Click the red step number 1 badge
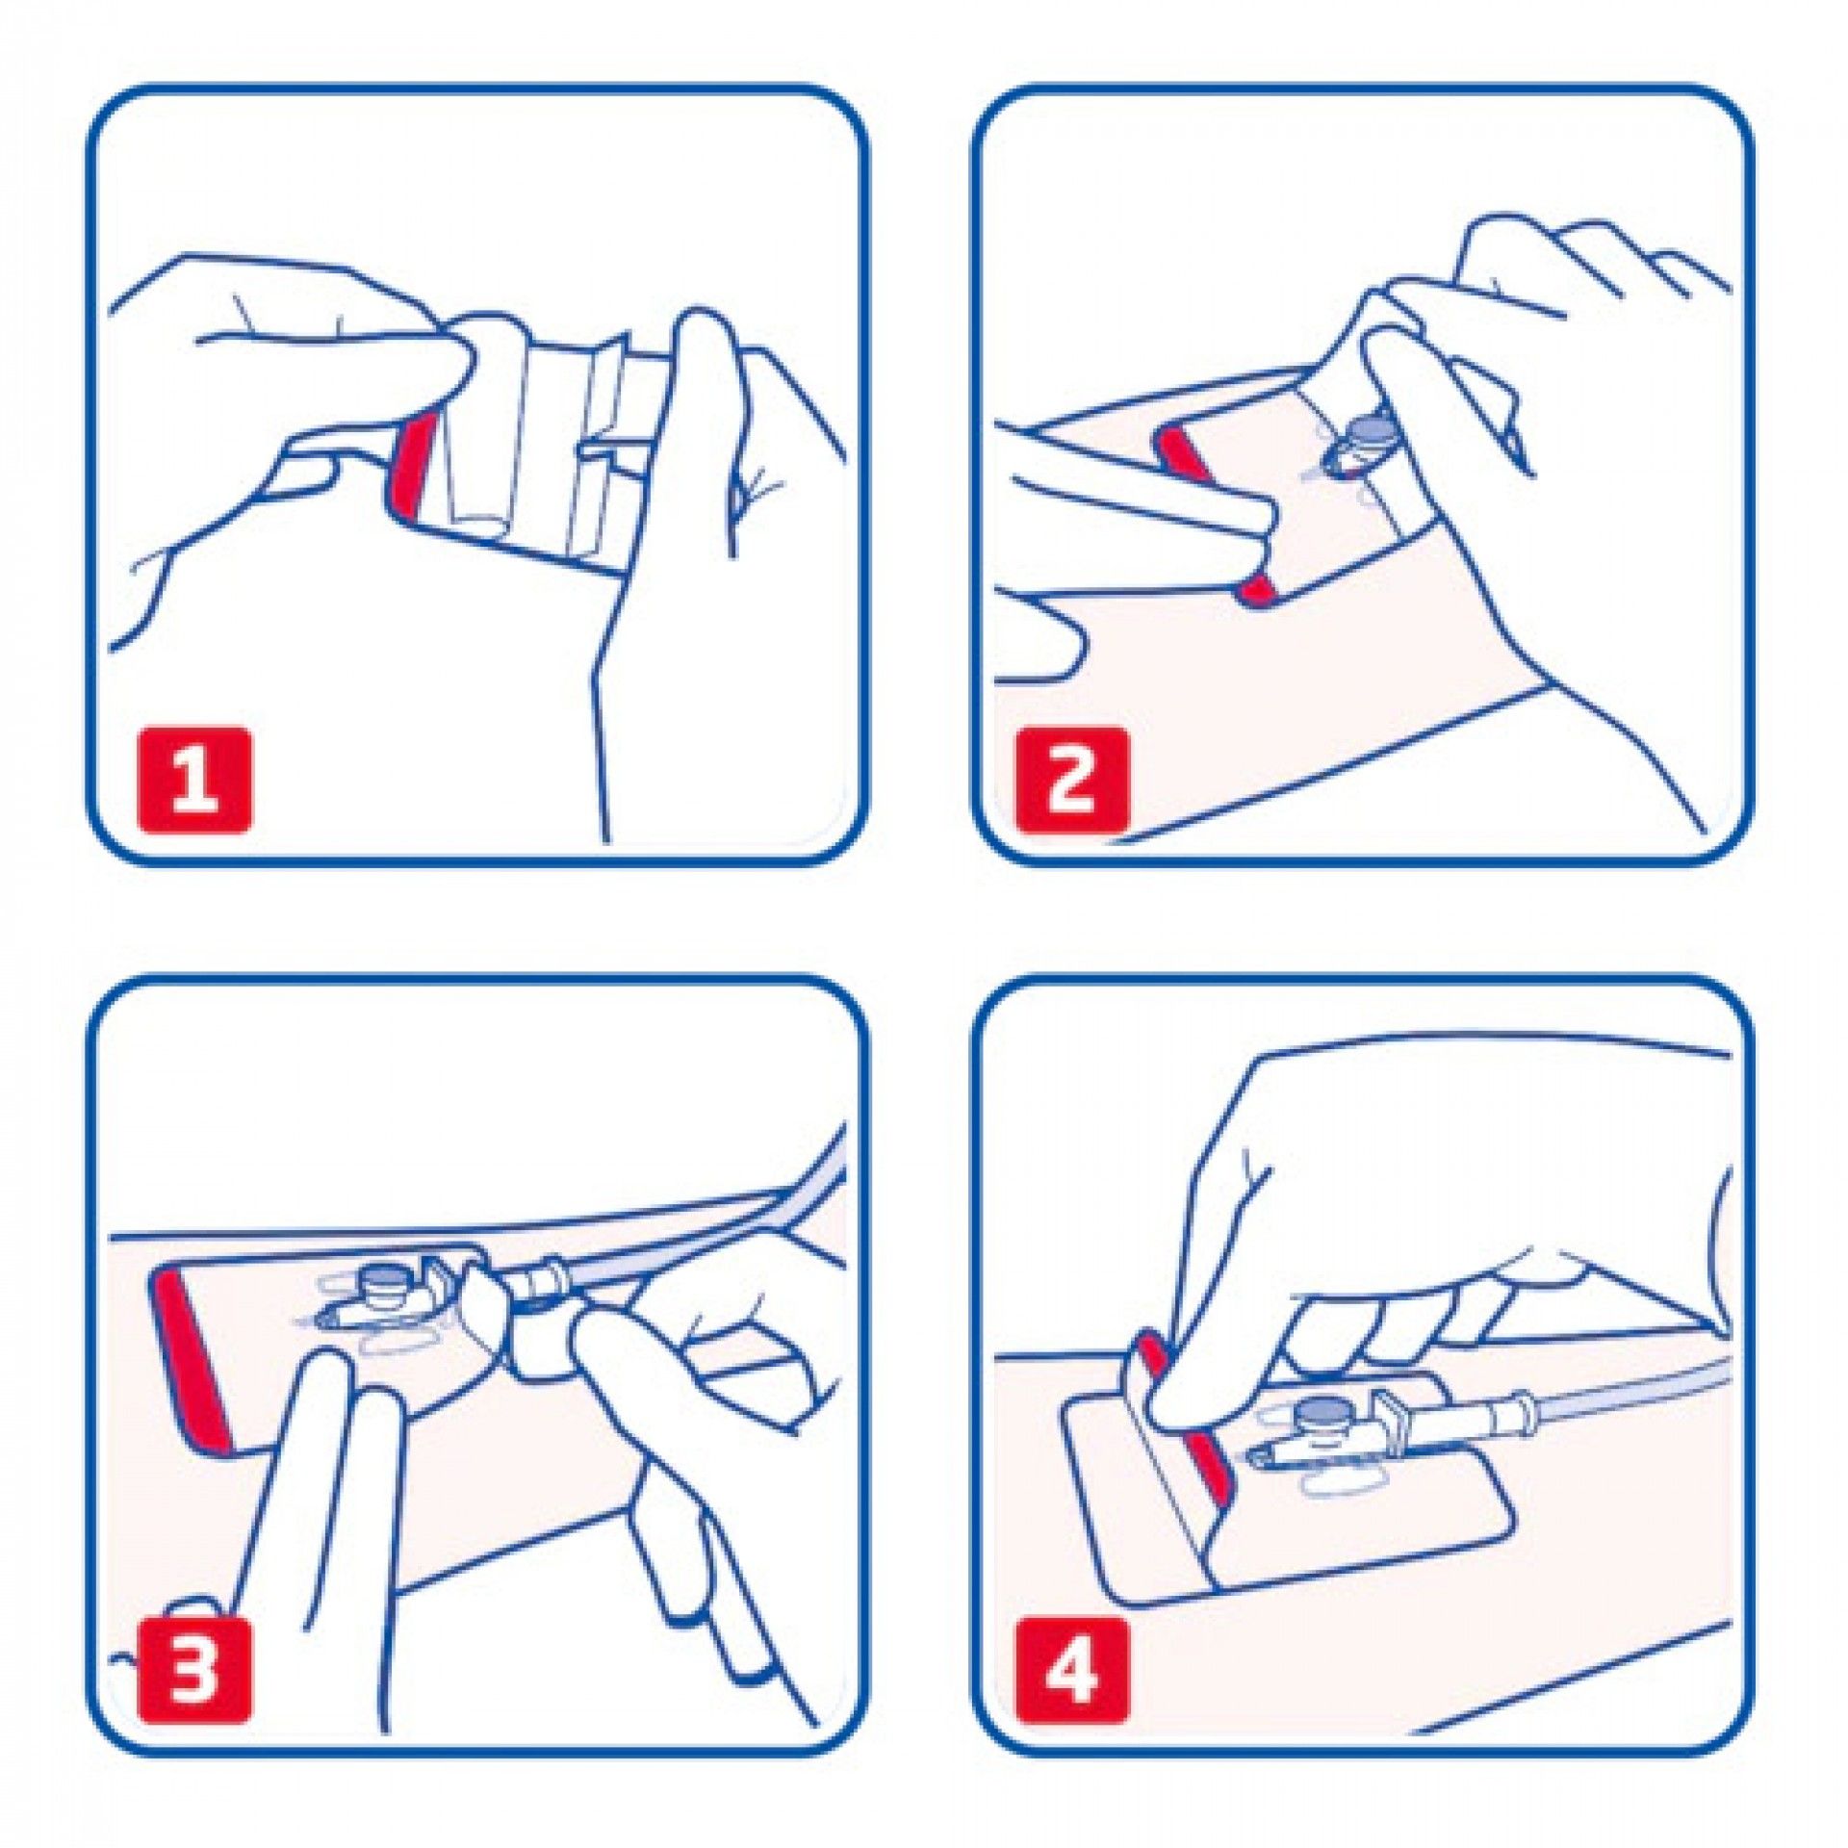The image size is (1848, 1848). [195, 779]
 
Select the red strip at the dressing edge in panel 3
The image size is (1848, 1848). [192, 1357]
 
